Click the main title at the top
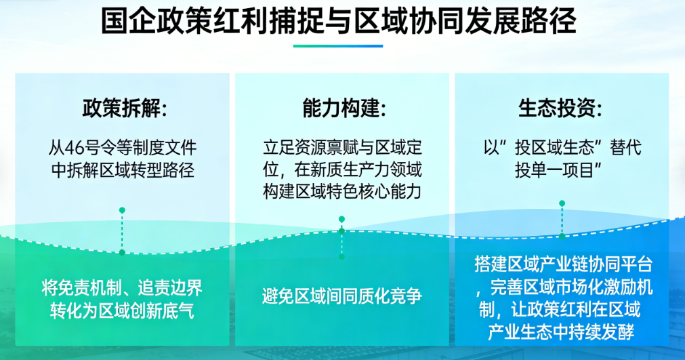tap(339, 20)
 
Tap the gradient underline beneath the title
tap(338, 46)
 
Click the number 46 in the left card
tap(74, 148)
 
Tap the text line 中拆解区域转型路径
tap(123, 170)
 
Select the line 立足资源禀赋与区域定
tap(343, 148)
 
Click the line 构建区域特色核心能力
tap(343, 191)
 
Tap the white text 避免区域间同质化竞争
tap(342, 296)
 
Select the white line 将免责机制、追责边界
tap(123, 288)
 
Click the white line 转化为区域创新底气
tap(123, 311)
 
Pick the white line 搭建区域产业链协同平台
tap(564, 264)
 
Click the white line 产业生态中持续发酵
tap(561, 332)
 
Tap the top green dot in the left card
tap(123, 211)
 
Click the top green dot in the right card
tap(562, 203)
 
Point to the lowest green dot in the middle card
tap(341, 256)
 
